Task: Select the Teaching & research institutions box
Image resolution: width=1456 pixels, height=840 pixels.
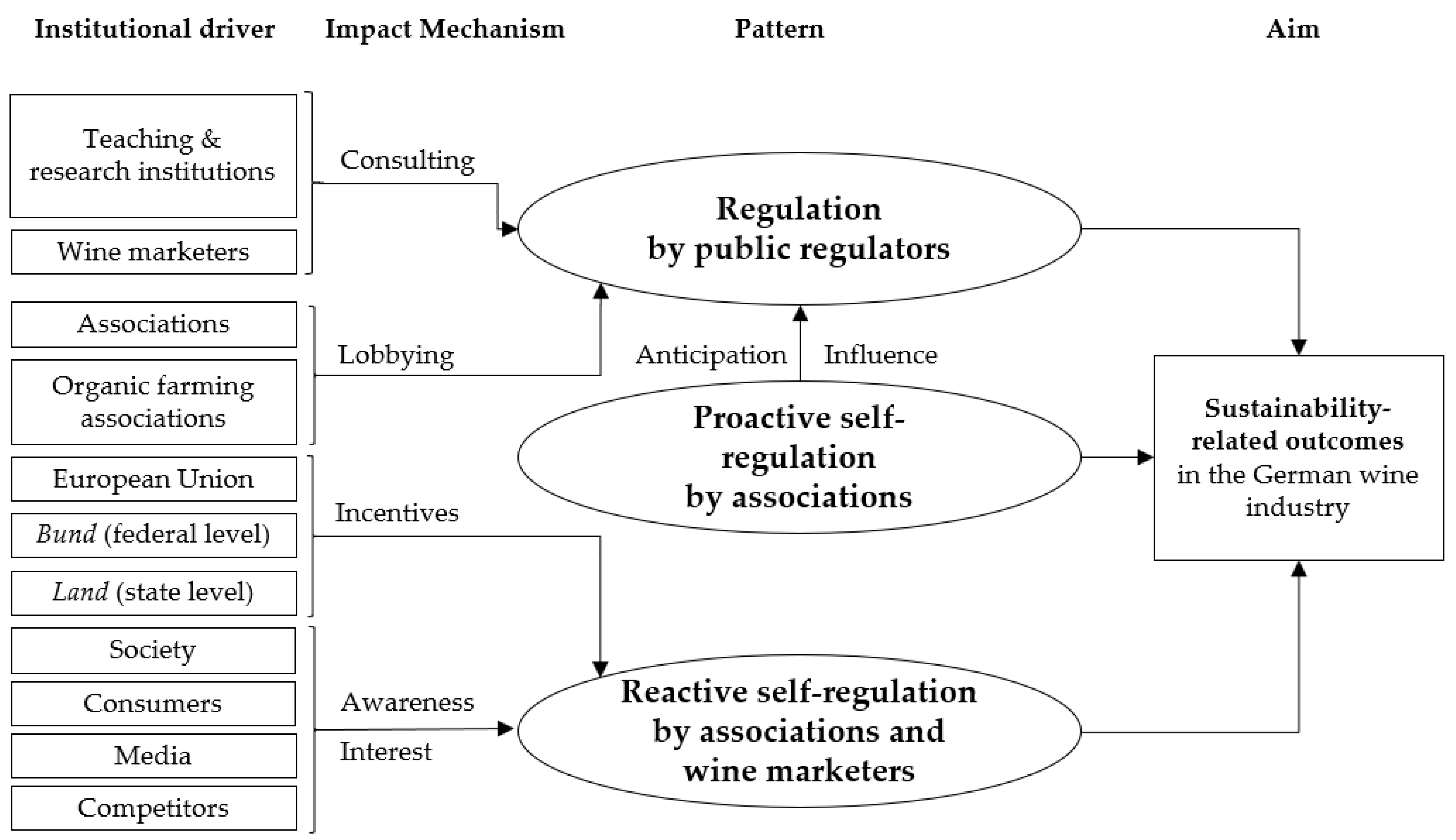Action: click(x=153, y=156)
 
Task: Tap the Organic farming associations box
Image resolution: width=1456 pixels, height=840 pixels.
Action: click(x=153, y=402)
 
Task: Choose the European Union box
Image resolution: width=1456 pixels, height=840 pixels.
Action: click(x=153, y=479)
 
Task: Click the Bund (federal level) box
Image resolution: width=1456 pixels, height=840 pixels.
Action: click(x=153, y=535)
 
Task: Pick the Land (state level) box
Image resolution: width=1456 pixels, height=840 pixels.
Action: click(x=153, y=593)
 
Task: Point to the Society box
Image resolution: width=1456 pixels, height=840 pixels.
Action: click(x=153, y=650)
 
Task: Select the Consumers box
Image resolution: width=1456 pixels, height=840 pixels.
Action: click(x=153, y=703)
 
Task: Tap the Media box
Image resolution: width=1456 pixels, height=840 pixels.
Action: click(x=153, y=756)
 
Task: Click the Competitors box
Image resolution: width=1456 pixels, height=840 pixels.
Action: click(x=153, y=808)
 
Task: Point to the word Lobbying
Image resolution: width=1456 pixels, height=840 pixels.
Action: click(x=396, y=355)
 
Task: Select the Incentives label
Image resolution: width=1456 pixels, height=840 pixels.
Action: click(x=397, y=512)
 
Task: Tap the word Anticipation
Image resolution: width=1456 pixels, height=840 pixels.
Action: click(x=711, y=355)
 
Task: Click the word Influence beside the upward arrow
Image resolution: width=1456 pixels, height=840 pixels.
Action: click(x=880, y=355)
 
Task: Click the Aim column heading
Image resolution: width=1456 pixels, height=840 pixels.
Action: click(x=1293, y=29)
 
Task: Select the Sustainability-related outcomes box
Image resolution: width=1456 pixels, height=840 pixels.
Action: click(x=1299, y=457)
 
